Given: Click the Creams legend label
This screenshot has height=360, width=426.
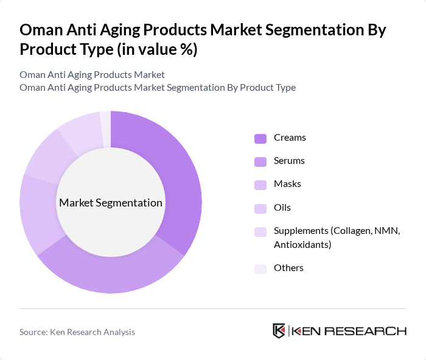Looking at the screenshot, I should [x=290, y=138].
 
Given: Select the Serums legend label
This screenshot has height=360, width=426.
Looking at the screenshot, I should [x=289, y=161].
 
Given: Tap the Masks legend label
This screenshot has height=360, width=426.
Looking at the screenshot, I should [x=287, y=184].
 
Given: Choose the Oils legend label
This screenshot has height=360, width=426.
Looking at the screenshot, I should [x=282, y=207].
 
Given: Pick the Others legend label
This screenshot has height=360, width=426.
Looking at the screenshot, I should [x=288, y=268].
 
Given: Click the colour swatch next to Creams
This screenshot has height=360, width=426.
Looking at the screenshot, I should [x=260, y=138].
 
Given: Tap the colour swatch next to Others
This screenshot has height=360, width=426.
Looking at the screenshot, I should [x=260, y=269].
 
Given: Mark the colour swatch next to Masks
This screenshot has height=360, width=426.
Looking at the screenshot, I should [x=260, y=185].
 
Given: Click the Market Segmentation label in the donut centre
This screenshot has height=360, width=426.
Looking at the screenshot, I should [x=111, y=203].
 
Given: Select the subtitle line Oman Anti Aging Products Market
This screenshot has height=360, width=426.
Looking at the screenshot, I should [x=92, y=74].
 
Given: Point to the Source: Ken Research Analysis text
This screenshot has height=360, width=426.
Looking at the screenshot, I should [x=77, y=332].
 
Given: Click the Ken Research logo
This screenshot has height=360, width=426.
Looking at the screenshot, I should [x=339, y=331].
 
